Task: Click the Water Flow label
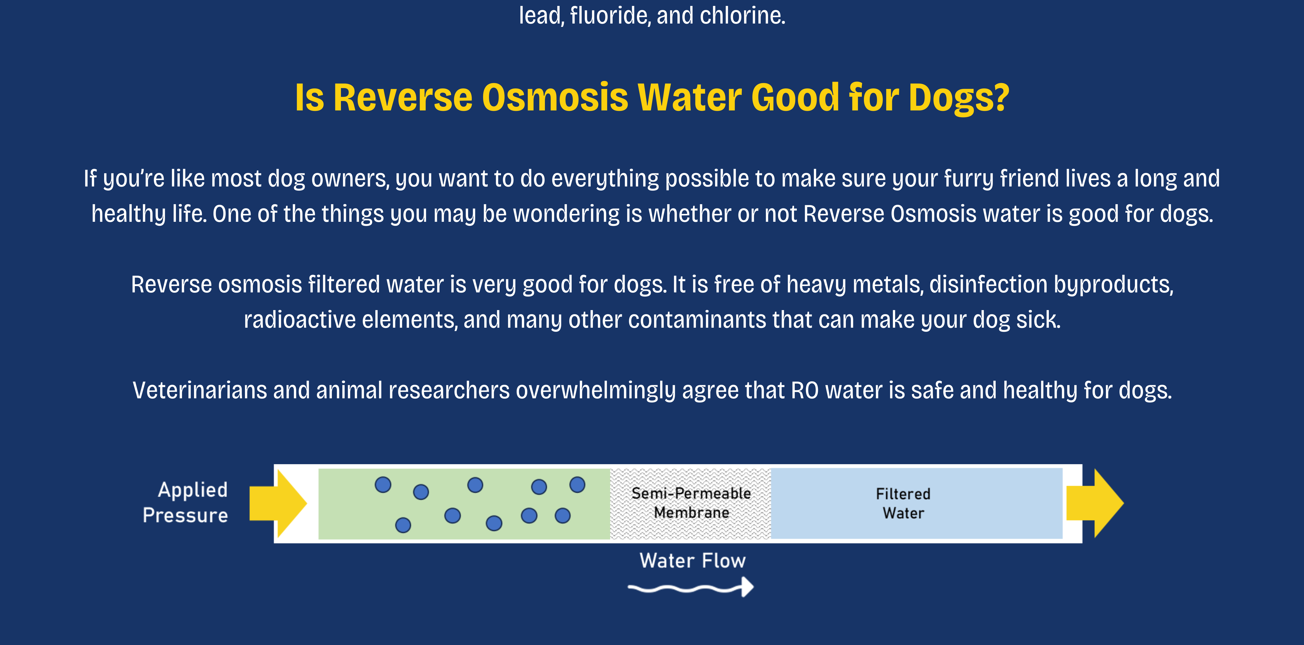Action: pos(693,561)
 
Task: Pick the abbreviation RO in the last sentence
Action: pos(804,391)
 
